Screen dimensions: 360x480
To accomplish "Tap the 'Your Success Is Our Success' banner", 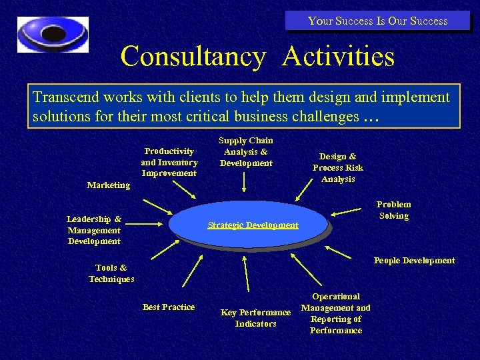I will click(x=377, y=21).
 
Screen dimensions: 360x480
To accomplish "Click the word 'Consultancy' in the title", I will click(x=193, y=56).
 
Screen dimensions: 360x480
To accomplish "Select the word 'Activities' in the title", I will click(x=338, y=56).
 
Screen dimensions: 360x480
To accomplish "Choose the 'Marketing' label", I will click(x=109, y=185).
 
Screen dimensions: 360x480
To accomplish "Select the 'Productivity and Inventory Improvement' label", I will click(x=169, y=162).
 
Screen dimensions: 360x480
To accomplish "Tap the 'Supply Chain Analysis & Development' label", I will click(x=246, y=151).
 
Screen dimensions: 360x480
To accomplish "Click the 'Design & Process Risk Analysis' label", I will click(x=338, y=167).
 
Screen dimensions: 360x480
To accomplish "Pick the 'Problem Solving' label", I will click(x=393, y=210).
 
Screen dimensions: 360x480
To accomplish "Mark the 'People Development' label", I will click(x=414, y=261).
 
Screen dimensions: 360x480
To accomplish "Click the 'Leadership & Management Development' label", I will click(x=94, y=230).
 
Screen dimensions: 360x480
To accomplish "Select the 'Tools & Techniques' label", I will click(x=111, y=273).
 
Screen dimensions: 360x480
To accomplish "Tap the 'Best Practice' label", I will click(x=169, y=307).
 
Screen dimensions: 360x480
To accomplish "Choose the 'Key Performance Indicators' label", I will click(x=255, y=318).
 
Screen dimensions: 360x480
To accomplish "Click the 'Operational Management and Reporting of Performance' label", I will click(x=336, y=313).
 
